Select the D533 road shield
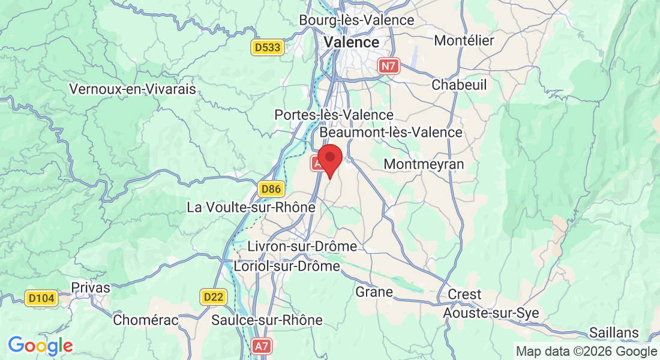point(267,47)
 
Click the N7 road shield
point(388,66)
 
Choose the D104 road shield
point(41,298)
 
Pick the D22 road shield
point(212,296)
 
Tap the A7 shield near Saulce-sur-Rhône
point(262,346)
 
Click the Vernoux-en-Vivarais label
point(133,89)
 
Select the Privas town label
point(91,287)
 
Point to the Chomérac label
point(146,320)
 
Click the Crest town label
point(464,294)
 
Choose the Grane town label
point(374,292)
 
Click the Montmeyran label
point(424,164)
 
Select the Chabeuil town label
point(459,85)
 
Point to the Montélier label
point(463,41)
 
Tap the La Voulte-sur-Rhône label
point(251,208)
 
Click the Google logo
point(40,346)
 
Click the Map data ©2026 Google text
point(586,351)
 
